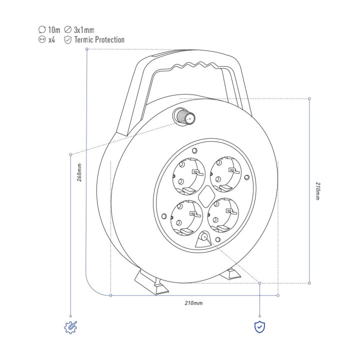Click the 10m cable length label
(x=54, y=30)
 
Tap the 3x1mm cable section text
(x=84, y=30)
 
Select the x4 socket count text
(x=51, y=39)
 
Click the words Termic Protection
(x=99, y=39)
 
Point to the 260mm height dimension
(x=79, y=172)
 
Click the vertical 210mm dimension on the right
(x=317, y=191)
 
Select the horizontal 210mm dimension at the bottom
(x=193, y=303)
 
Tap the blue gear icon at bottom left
(x=70, y=327)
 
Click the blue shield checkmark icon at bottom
(x=259, y=327)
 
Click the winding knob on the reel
(x=184, y=116)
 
